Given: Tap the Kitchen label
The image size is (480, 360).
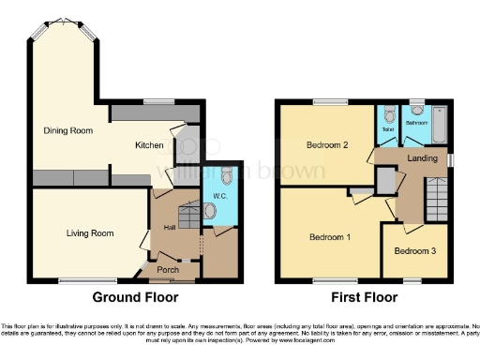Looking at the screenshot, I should [x=149, y=145].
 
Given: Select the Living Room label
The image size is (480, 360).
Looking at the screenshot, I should [x=89, y=232].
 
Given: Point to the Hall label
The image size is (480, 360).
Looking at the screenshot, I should [x=170, y=227].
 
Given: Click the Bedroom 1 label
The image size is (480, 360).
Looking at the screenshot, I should [x=330, y=236].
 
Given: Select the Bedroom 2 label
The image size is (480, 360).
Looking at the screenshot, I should [x=327, y=145].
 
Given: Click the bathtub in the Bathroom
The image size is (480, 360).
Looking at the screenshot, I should [x=436, y=124].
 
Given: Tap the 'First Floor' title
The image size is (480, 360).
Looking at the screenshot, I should [x=363, y=297].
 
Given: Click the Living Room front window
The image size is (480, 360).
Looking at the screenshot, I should [x=75, y=280].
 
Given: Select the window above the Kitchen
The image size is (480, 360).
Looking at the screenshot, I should [x=158, y=100].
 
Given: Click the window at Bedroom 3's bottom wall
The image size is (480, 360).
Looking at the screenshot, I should [x=413, y=280].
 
